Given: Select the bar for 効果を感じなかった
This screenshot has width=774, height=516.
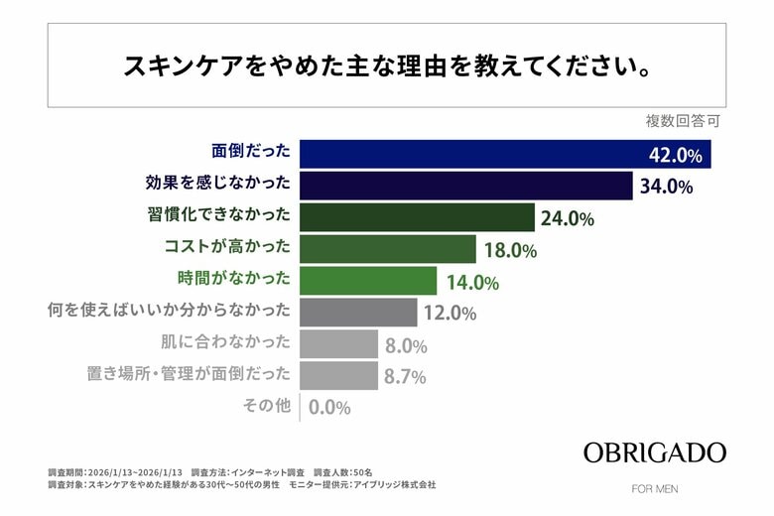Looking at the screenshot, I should click(465, 186).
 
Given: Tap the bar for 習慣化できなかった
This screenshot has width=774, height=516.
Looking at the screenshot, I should click(417, 217).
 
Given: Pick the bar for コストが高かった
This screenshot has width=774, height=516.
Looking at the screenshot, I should click(388, 249).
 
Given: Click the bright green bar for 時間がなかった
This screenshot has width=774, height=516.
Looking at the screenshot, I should click(367, 281).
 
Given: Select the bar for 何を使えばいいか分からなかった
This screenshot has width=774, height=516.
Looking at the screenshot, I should click(358, 313).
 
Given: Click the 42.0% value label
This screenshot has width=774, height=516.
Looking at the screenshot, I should click(675, 155).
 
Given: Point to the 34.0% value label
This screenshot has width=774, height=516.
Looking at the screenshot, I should click(666, 187).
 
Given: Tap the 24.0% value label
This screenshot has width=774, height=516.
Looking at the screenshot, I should click(568, 218).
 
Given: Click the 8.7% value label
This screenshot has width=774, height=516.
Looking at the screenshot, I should click(405, 377).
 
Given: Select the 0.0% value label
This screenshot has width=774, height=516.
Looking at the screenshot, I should click(329, 407).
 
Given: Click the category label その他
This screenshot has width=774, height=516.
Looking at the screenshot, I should click(267, 405).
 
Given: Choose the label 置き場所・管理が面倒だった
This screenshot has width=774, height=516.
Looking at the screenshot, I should click(190, 374).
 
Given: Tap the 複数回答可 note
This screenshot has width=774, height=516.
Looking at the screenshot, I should click(683, 122).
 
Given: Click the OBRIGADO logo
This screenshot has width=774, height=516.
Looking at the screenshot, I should click(654, 452).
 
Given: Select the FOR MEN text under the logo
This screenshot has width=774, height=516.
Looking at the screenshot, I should click(655, 488).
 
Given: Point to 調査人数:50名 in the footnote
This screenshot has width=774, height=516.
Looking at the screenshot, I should click(343, 471).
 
